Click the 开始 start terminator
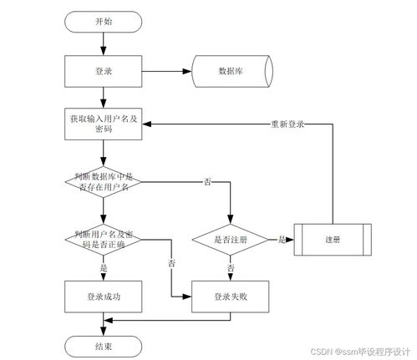[104, 23]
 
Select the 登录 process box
[104, 71]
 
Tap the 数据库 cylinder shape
[231, 71]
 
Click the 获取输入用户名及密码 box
[104, 125]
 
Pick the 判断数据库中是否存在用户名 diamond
[104, 181]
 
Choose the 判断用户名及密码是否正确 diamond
[104, 239]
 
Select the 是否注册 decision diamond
[231, 240]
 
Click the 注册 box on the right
[332, 240]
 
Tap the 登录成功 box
[104, 296]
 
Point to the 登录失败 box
[231, 296]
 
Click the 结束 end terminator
[104, 345]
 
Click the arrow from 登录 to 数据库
[167, 71]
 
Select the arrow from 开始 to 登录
[104, 44]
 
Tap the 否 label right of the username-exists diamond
[207, 181]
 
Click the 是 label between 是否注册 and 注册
[282, 240]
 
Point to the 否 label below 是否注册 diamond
[231, 267]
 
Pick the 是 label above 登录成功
[104, 268]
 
